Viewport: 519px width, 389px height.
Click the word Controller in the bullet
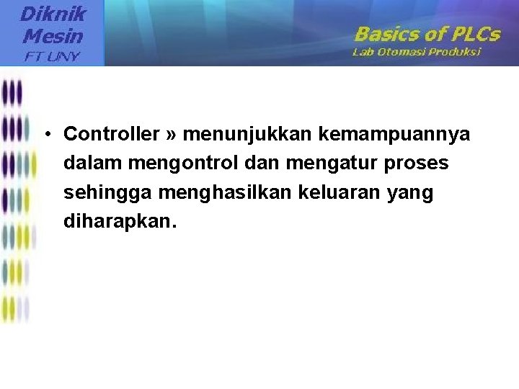tap(111, 134)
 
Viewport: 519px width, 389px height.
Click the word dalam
tap(93, 164)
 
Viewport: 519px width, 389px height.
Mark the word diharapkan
tap(119, 223)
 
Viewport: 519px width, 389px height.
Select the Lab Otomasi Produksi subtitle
tap(417, 52)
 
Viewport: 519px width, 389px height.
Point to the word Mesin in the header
tap(53, 35)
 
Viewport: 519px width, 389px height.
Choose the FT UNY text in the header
tap(53, 55)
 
